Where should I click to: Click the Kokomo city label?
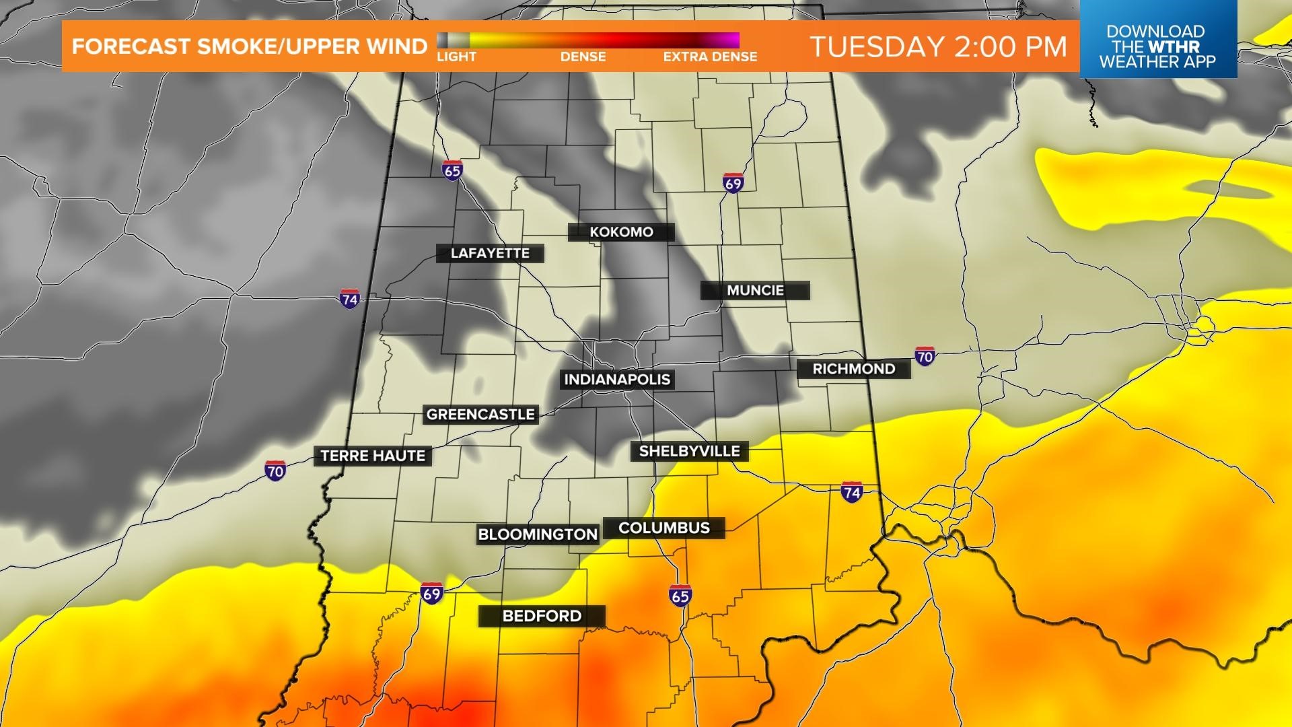[x=621, y=232]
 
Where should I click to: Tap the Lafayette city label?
[x=490, y=254]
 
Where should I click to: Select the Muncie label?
[x=755, y=291]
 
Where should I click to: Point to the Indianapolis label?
[x=617, y=380]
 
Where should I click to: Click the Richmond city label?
[x=853, y=369]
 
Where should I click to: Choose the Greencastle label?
[x=480, y=415]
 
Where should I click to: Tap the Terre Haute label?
[x=373, y=456]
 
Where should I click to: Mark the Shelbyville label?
[x=689, y=451]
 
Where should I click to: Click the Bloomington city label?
[x=538, y=534]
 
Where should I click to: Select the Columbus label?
[x=664, y=528]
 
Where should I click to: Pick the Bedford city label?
[x=542, y=616]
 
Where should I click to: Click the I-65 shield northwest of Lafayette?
[x=452, y=170]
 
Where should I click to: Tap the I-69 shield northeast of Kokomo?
[x=733, y=183]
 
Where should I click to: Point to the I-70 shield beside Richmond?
[x=925, y=356]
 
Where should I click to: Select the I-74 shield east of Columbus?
[x=851, y=492]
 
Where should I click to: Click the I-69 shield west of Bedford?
[x=431, y=593]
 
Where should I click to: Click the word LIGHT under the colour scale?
[x=456, y=57]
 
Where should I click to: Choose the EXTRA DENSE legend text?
[x=710, y=57]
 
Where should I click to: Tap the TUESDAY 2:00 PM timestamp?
[x=938, y=46]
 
